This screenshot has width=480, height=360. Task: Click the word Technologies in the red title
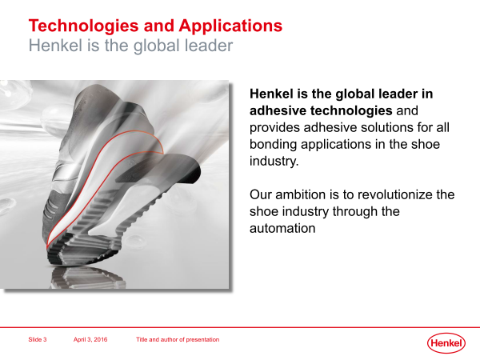click(83, 26)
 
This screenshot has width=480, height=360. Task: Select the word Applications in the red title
click(230, 26)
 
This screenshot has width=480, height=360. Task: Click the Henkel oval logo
click(446, 343)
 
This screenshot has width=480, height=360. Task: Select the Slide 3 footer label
click(38, 339)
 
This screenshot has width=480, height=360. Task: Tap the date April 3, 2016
click(90, 339)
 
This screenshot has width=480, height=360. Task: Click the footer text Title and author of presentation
click(178, 339)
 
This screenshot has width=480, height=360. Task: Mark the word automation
click(282, 228)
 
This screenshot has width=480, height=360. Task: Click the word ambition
click(301, 194)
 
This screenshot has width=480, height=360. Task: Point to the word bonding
click(273, 145)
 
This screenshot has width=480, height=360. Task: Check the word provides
click(274, 128)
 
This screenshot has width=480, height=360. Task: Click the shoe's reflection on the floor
click(88, 278)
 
